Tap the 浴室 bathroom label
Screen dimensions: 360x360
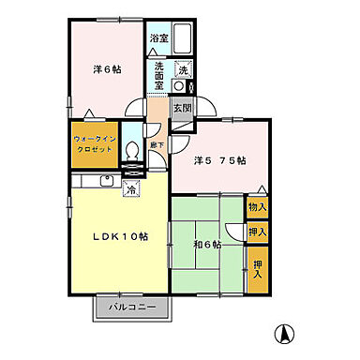(158, 38)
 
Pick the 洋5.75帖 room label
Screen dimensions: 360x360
(220, 160)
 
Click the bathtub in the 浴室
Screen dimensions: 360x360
(183, 40)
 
